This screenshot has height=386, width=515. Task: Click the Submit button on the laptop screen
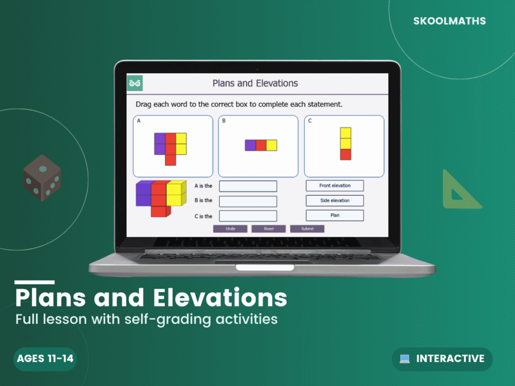[307, 229]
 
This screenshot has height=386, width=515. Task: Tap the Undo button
[230, 229]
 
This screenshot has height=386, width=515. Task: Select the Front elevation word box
[335, 186]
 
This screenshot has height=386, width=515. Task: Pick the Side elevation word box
[335, 201]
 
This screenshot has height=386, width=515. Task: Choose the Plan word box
[335, 216]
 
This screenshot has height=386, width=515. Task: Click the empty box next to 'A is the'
[248, 186]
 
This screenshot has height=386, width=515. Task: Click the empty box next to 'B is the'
[248, 201]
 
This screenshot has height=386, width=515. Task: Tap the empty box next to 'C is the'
[248, 216]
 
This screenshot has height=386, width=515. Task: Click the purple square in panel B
[250, 145]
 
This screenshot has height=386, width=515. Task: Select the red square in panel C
[346, 154]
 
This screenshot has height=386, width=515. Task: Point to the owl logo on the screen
[135, 83]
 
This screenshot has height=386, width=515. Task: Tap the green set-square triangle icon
[459, 191]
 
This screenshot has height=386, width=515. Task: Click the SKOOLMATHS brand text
[450, 21]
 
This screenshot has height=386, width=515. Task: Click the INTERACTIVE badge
[442, 359]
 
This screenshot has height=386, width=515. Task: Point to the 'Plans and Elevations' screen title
[255, 83]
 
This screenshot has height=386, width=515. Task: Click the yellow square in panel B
[272, 145]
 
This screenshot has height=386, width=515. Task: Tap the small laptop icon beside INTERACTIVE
[405, 359]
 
